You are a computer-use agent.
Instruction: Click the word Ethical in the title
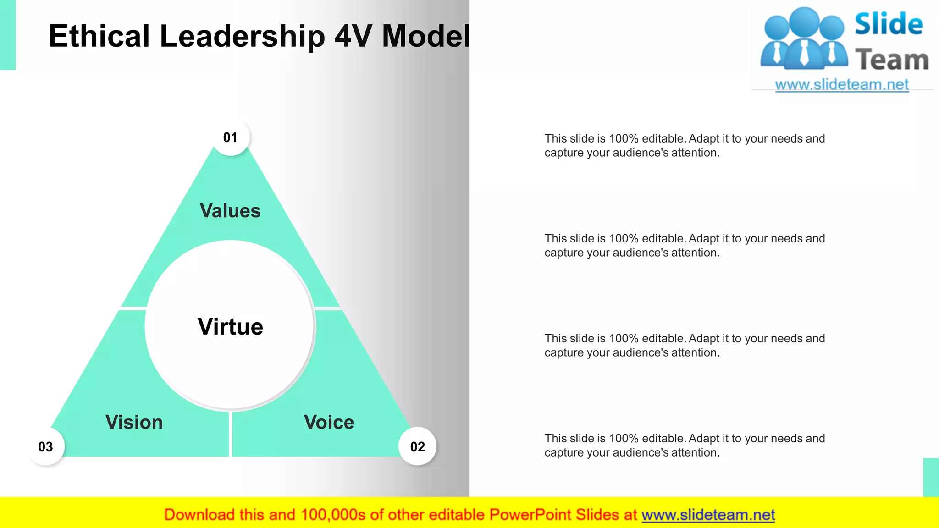(x=99, y=36)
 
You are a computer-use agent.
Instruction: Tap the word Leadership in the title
(x=242, y=36)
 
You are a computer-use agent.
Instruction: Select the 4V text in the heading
(x=353, y=36)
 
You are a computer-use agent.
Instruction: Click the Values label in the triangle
(x=230, y=211)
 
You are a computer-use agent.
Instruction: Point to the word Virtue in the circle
(x=230, y=327)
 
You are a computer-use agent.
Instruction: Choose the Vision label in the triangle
(x=134, y=422)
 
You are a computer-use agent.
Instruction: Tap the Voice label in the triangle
(x=329, y=422)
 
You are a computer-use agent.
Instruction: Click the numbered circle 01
(x=231, y=137)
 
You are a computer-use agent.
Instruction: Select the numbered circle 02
(x=417, y=446)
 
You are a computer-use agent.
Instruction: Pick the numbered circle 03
(x=45, y=446)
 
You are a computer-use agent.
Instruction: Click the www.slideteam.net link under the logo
(x=842, y=85)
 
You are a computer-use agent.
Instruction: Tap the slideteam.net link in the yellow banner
(x=708, y=515)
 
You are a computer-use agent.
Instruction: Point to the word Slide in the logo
(x=889, y=24)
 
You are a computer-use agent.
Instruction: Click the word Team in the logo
(x=892, y=60)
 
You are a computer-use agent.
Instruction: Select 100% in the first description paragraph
(x=624, y=138)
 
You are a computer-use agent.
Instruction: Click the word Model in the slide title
(x=426, y=36)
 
